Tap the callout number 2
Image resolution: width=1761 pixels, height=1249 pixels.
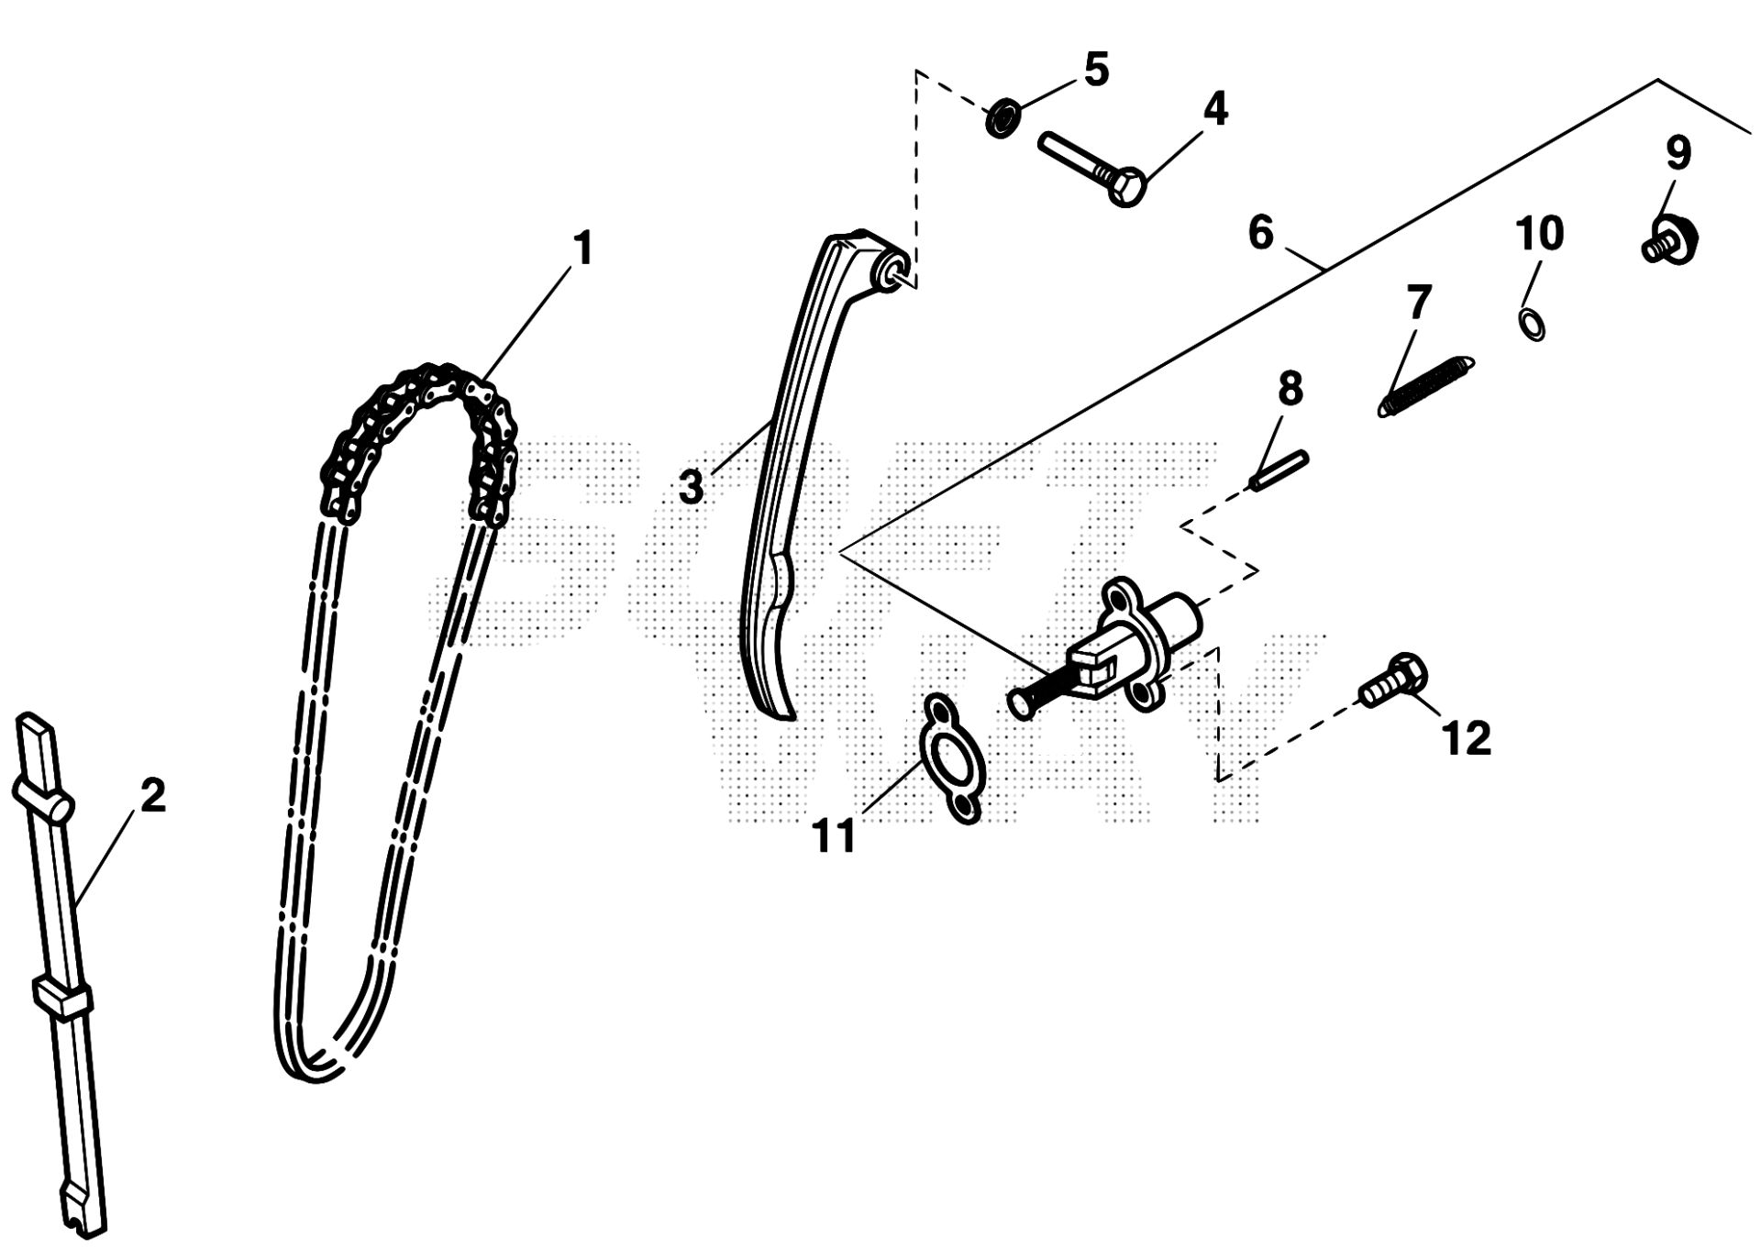pyautogui.click(x=152, y=795)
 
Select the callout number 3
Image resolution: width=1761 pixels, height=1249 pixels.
pyautogui.click(x=691, y=487)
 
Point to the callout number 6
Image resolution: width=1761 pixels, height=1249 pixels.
pyautogui.click(x=1261, y=233)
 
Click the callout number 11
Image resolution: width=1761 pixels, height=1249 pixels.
pyautogui.click(x=834, y=835)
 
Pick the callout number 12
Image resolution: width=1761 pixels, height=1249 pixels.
pyautogui.click(x=1467, y=737)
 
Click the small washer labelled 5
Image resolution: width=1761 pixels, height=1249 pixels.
pyautogui.click(x=1003, y=119)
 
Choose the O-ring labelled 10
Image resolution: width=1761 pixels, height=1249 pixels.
pyautogui.click(x=1531, y=323)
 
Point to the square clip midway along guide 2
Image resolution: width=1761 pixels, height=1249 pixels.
pyautogui.click(x=62, y=999)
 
